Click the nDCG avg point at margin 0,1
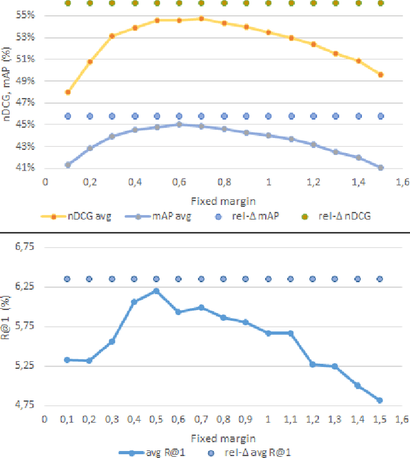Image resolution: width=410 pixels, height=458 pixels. tap(68, 92)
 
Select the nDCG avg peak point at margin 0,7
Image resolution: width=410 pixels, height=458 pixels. tap(201, 19)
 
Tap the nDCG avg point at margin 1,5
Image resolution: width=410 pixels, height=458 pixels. tap(381, 74)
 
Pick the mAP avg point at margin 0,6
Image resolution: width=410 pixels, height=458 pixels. tap(179, 124)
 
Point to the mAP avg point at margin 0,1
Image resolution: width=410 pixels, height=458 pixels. tap(68, 165)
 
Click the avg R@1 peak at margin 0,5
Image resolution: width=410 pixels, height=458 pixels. tap(156, 291)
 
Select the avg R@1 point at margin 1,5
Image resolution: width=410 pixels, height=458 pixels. tap(380, 400)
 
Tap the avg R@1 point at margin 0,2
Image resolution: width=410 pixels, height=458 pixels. tap(90, 361)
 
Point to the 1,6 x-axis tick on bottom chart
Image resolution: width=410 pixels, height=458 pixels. tap(402, 419)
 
